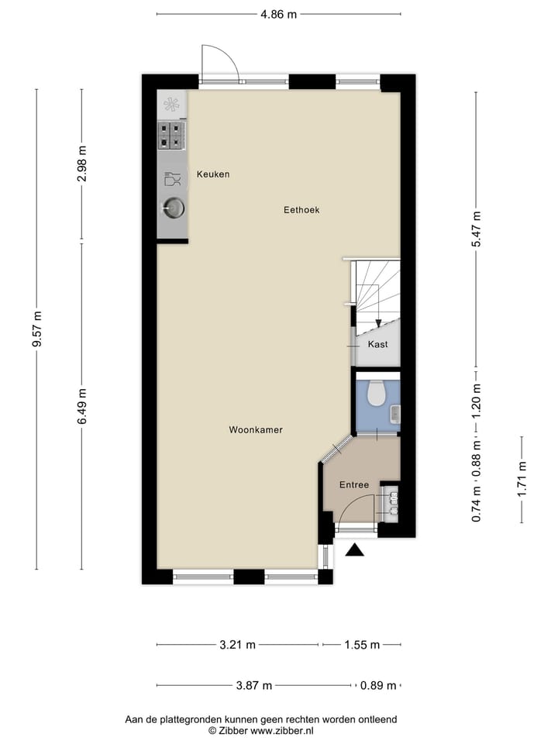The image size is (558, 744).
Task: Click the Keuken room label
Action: pos(212,174)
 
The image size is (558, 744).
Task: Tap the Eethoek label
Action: pos(301,210)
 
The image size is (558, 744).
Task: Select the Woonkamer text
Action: pos(256,429)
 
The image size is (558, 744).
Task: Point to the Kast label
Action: pos(378,345)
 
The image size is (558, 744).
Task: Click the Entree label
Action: pos(354,485)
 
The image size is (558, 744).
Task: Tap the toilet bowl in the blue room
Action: pos(377,394)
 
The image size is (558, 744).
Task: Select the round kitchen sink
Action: pos(172,208)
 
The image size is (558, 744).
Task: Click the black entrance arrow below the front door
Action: pos(355,550)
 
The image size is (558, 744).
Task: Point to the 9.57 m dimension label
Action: pos(36,329)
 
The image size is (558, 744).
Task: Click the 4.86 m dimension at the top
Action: pos(278,14)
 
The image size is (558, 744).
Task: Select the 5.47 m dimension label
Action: pos(477,229)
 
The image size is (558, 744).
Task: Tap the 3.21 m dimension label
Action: pos(238,645)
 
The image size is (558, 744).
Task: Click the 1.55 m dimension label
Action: pos(361,645)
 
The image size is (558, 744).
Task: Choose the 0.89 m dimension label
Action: pos(378,686)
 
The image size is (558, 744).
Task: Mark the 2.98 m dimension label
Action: pos(82,164)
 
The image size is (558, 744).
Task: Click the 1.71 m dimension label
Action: pos(522,479)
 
